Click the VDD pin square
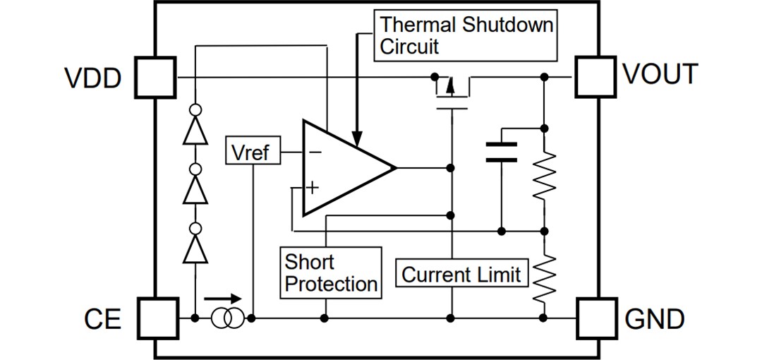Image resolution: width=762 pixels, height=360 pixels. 155,77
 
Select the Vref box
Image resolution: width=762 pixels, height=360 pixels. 250,151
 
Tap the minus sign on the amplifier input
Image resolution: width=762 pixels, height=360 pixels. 314,151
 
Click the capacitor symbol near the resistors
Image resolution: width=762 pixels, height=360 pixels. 501,152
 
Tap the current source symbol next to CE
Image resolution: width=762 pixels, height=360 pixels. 227,318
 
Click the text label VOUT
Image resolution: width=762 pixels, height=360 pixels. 660,75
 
